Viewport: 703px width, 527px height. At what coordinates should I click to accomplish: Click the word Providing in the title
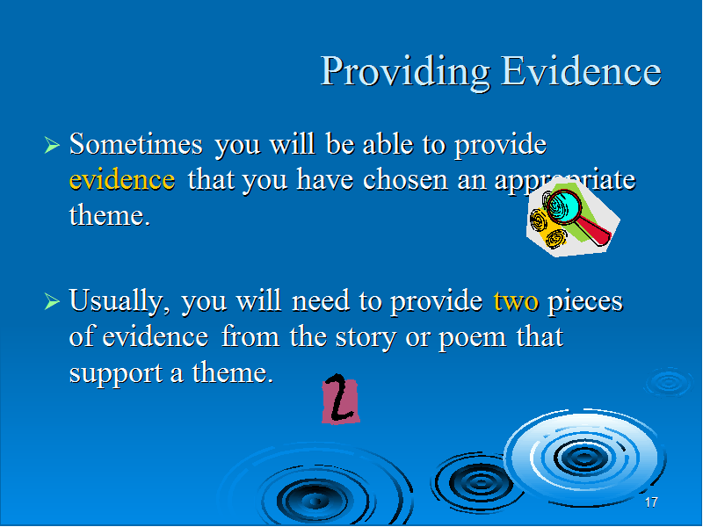point(405,72)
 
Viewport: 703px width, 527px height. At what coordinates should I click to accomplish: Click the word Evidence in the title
point(581,71)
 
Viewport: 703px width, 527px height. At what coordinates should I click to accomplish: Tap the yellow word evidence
point(122,180)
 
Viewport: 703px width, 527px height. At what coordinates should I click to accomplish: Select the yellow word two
point(516,301)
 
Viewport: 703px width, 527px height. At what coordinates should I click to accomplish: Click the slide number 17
point(651,502)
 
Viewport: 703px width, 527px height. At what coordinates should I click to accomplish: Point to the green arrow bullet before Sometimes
point(52,145)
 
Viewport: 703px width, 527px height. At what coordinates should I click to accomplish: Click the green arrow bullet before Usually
point(52,301)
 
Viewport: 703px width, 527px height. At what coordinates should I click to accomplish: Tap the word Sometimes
point(135,144)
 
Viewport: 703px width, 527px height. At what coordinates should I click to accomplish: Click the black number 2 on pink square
point(340,401)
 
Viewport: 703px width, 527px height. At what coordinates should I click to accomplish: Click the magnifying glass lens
point(563,206)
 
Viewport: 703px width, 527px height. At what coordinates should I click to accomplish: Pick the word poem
point(472,338)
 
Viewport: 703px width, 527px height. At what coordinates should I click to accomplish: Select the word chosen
point(405,179)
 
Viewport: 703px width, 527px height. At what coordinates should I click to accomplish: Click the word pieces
point(585,302)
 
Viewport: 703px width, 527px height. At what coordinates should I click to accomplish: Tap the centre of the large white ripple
point(583,458)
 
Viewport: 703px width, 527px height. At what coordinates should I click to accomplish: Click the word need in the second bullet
point(320,300)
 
